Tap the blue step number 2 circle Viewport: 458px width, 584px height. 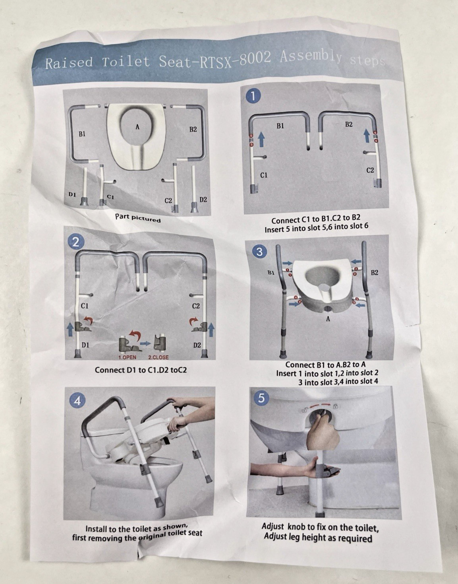[76, 243]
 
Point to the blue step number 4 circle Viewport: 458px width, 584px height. [77, 401]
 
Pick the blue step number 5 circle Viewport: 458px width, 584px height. [261, 398]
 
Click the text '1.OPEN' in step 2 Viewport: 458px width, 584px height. [127, 357]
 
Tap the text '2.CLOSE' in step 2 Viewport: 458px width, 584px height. [158, 357]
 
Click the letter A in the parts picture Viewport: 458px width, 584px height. [137, 127]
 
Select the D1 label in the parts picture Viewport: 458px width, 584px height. [72, 194]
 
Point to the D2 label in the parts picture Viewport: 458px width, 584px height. [203, 200]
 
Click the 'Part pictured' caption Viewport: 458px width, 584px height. [138, 218]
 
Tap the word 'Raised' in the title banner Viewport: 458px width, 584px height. [69, 62]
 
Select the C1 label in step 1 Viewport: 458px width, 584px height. [264, 175]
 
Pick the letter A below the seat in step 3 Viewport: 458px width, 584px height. [328, 319]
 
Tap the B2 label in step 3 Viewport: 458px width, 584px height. [375, 272]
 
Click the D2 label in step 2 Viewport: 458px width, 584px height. [197, 345]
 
